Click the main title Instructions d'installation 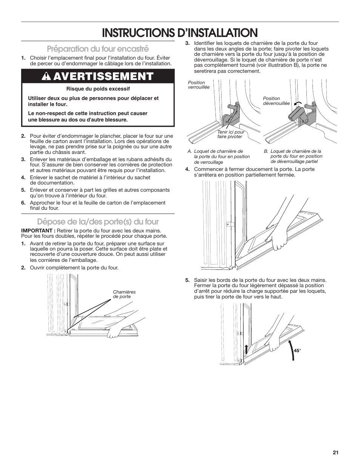click(x=180, y=32)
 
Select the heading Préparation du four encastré click(x=98, y=49)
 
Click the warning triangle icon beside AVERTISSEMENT click(x=48, y=76)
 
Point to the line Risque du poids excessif click(x=98, y=89)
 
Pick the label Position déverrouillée click(x=276, y=101)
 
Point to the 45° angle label click(x=297, y=351)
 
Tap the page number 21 click(x=335, y=453)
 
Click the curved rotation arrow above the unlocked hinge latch click(x=298, y=104)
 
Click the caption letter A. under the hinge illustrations click(x=190, y=151)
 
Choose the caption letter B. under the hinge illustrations click(x=266, y=151)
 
